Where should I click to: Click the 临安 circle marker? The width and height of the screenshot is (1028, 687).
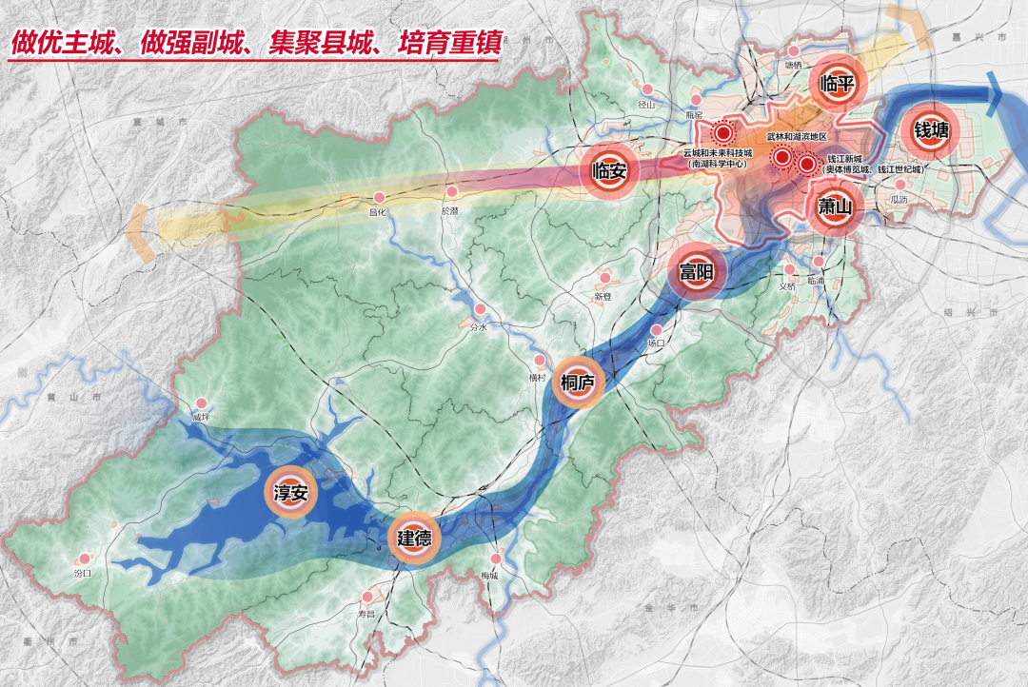tap(608, 172)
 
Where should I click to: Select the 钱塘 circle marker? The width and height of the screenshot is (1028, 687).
tap(931, 130)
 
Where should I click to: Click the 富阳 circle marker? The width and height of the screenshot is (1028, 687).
tap(696, 271)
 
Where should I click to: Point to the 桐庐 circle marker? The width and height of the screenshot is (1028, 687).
tap(578, 383)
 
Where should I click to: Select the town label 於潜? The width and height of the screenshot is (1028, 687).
tap(450, 210)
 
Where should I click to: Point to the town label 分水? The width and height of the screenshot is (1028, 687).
tap(479, 326)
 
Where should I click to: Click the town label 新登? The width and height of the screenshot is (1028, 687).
tap(603, 296)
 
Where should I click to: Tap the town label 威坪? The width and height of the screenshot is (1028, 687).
tap(199, 417)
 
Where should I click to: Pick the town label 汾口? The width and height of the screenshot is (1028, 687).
tap(83, 574)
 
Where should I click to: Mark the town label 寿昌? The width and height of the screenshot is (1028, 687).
tap(367, 614)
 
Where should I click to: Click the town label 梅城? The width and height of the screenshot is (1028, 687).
tap(490, 576)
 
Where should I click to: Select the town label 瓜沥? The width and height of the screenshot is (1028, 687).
tap(899, 199)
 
